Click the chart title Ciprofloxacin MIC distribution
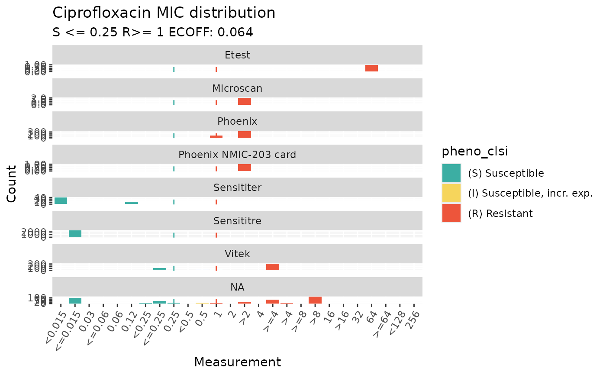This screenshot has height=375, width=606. click(164, 13)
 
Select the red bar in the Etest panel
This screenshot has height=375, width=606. click(371, 68)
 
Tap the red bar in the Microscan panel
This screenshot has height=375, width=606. click(245, 101)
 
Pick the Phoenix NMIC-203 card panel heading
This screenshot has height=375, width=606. click(237, 155)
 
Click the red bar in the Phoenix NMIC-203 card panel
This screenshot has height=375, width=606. click(245, 168)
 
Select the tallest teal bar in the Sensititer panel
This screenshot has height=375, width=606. click(61, 200)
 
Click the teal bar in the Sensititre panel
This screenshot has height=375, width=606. click(75, 234)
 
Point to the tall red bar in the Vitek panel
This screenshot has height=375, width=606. click(273, 267)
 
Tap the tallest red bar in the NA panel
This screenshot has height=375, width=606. click(315, 300)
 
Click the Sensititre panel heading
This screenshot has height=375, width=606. click(237, 221)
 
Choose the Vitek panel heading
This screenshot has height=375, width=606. click(237, 254)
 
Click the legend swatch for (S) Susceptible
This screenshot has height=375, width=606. click(451, 173)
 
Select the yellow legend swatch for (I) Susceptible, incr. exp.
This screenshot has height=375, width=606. click(451, 193)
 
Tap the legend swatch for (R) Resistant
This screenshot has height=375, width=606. click(451, 213)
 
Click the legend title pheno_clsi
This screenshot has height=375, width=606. click(474, 152)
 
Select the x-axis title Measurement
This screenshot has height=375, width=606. click(237, 362)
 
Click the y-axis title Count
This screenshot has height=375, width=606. click(12, 183)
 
